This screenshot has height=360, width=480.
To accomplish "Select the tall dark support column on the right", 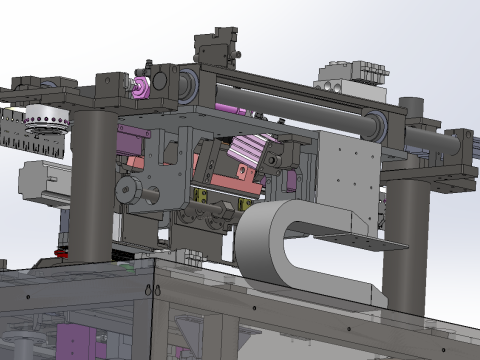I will point(406,240).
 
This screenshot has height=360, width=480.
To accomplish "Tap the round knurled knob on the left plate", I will point(127,190).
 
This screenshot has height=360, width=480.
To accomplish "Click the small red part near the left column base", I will point(62,253).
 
